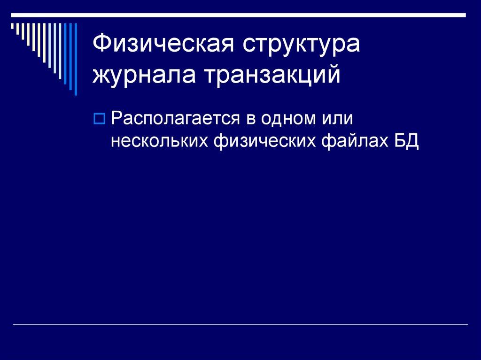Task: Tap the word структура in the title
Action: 301,46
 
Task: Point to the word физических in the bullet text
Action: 264,140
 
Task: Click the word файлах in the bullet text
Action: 352,140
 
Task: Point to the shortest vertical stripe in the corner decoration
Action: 13,27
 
